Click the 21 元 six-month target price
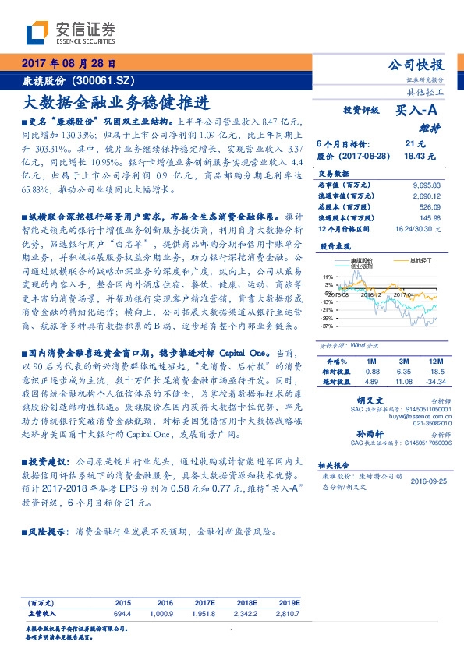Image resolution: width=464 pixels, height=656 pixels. coord(415,144)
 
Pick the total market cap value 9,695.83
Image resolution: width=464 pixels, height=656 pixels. coord(426,185)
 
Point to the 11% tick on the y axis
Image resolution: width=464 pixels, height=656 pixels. coord(328,277)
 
